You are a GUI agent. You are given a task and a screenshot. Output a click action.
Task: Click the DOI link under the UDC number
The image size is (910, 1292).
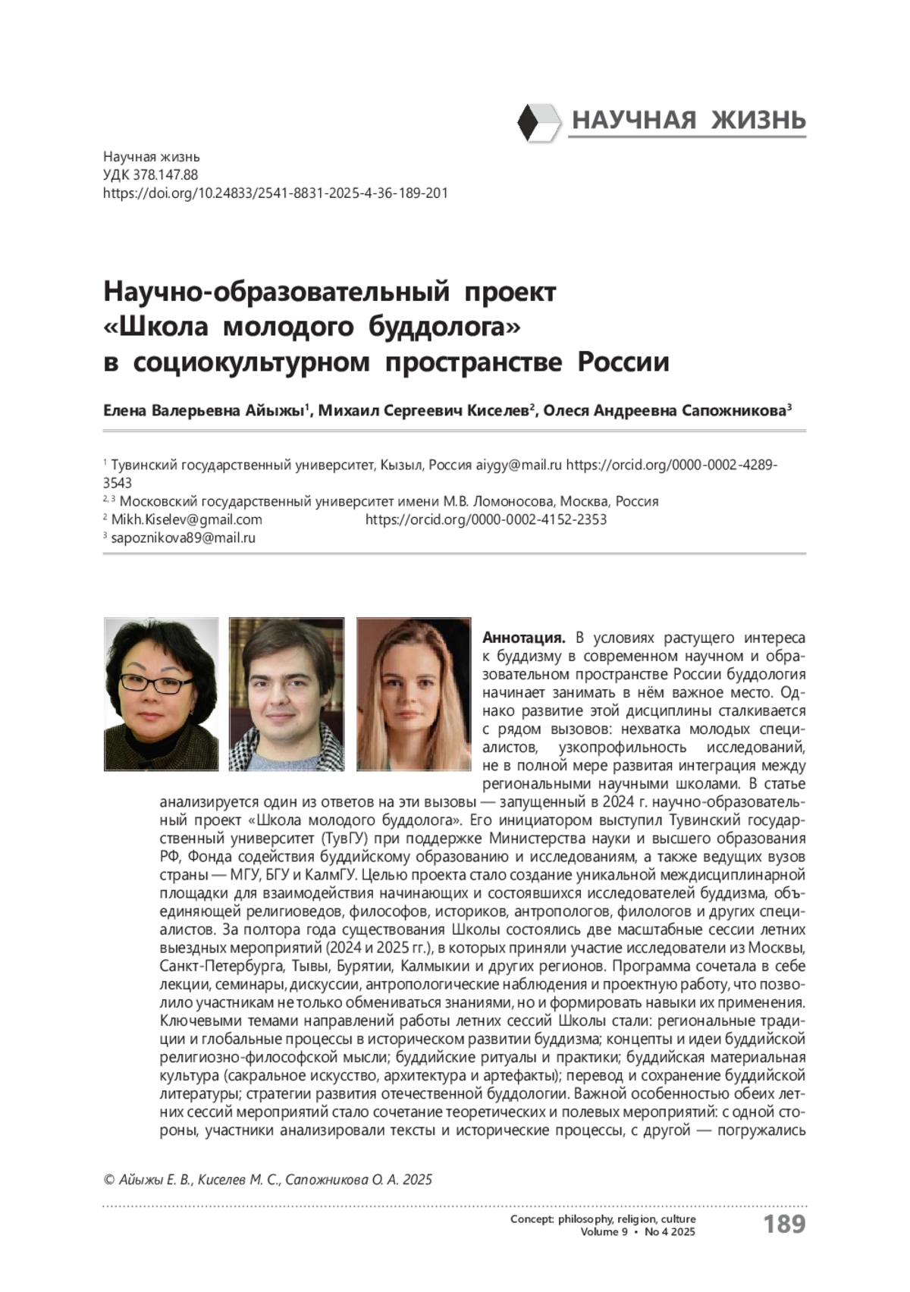tap(275, 193)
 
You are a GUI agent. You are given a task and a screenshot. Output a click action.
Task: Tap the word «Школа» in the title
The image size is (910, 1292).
tap(162, 328)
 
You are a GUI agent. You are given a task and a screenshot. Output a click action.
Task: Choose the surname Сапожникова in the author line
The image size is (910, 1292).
tap(739, 412)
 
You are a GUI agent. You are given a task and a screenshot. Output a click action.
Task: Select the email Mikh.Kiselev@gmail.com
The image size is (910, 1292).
tap(187, 519)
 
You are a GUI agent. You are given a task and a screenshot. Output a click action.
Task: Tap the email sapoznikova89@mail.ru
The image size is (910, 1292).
tap(183, 538)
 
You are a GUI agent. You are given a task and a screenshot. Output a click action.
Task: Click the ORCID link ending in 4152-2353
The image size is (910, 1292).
tap(486, 519)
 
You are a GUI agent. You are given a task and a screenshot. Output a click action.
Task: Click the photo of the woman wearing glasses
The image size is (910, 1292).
tap(161, 694)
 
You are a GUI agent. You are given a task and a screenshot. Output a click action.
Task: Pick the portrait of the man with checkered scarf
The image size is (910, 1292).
tap(287, 694)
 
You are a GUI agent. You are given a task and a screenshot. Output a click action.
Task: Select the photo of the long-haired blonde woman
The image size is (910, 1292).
tap(413, 694)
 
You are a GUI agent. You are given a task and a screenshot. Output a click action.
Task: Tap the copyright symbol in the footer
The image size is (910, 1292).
tap(108, 1180)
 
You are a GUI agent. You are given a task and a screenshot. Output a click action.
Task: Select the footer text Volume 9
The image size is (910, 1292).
tap(604, 1231)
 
